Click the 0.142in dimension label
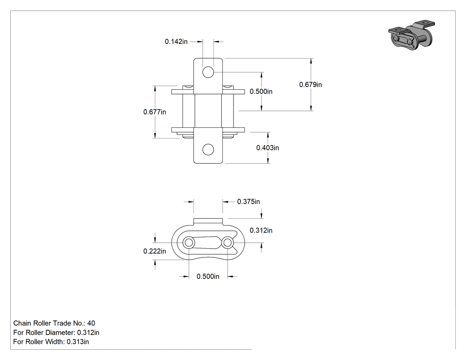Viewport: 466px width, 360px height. tap(176, 42)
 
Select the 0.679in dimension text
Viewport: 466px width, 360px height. tap(311, 85)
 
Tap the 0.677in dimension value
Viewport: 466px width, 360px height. tap(154, 112)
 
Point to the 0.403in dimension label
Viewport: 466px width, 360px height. tap(268, 148)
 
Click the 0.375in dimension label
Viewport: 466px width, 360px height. tap(249, 202)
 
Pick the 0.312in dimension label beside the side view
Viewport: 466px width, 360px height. tap(261, 230)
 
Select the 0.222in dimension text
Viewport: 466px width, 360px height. tap(154, 251)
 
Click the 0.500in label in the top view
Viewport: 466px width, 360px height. tap(261, 91)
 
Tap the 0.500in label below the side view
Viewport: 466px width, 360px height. tap(208, 277)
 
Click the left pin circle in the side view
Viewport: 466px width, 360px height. tap(189, 243)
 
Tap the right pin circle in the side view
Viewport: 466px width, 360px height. tap(227, 243)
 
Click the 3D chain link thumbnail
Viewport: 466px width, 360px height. tap(411, 35)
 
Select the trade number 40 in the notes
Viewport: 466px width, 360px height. tap(91, 323)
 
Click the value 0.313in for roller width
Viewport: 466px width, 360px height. tap(78, 342)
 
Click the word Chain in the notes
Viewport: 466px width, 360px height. tap(22, 323)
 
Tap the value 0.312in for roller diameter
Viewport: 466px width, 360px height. tap(88, 332)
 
